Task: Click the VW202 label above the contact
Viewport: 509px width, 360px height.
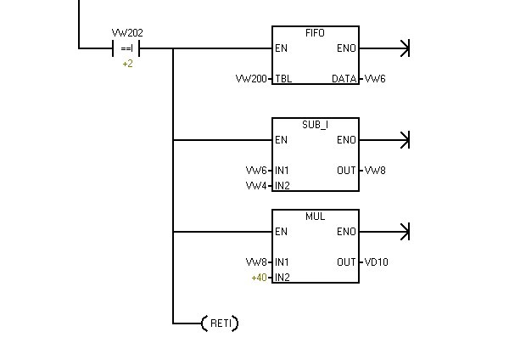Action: [127, 33]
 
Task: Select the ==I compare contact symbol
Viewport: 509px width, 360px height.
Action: [127, 48]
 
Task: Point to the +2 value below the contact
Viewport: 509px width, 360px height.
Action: [127, 64]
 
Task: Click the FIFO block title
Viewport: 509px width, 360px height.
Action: [315, 33]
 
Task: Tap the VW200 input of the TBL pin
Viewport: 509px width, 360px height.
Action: [251, 79]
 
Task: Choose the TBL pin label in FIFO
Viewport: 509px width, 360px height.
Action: [282, 79]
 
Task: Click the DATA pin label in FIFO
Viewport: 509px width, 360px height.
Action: [344, 79]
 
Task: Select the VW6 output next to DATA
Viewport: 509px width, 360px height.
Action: [375, 79]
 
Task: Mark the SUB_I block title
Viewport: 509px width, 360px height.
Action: [315, 125]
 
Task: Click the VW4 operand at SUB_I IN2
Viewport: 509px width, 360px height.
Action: [256, 185]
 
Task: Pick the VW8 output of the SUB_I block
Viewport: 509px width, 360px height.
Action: [375, 171]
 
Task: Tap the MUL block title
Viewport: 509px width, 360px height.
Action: [315, 217]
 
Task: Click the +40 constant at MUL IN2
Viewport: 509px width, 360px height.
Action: [259, 277]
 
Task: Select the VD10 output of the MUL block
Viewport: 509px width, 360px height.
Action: [377, 262]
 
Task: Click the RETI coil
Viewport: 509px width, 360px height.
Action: [219, 323]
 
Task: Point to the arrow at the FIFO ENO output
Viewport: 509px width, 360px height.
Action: [405, 48]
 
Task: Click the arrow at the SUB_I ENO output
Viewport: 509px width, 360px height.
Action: [405, 140]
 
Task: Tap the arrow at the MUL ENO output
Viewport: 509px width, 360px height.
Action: [405, 232]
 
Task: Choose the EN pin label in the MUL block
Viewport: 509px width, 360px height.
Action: [280, 232]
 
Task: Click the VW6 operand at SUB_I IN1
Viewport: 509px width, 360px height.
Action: [256, 171]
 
